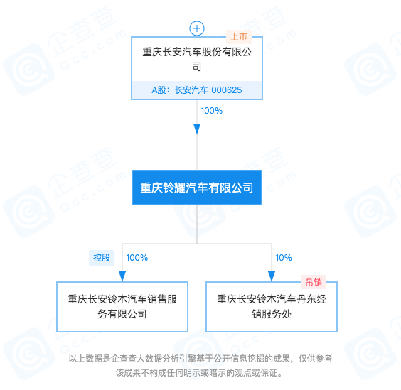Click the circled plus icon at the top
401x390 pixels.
(x=197, y=28)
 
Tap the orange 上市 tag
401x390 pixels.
(x=239, y=37)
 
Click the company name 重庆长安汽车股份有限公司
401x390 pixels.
(x=197, y=59)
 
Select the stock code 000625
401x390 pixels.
(x=227, y=90)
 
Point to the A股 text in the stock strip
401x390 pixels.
(x=159, y=90)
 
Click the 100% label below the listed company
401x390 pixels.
(x=211, y=111)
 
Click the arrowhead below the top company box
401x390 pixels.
(x=197, y=129)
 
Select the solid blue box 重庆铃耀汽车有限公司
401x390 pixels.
(x=197, y=188)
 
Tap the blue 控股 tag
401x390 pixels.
(x=102, y=258)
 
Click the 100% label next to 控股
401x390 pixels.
(x=137, y=258)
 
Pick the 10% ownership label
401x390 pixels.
(x=284, y=258)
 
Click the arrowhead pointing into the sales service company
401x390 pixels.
(x=122, y=276)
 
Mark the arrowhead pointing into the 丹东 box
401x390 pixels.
(x=272, y=276)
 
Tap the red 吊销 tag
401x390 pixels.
(x=314, y=283)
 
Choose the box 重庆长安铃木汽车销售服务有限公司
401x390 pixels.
(x=122, y=307)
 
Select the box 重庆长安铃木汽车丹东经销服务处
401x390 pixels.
(x=272, y=307)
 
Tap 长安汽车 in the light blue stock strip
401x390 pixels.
(x=191, y=90)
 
